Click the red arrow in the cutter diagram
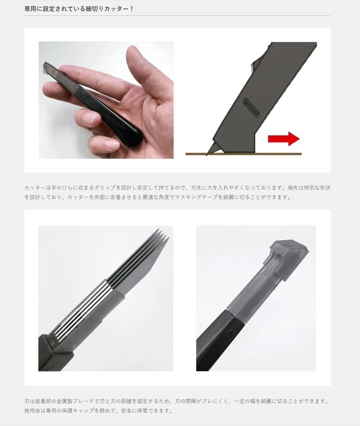283,139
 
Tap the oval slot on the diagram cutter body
249,108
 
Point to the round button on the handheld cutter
83,95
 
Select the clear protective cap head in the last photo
288,253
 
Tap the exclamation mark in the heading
131,9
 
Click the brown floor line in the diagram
243,154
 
